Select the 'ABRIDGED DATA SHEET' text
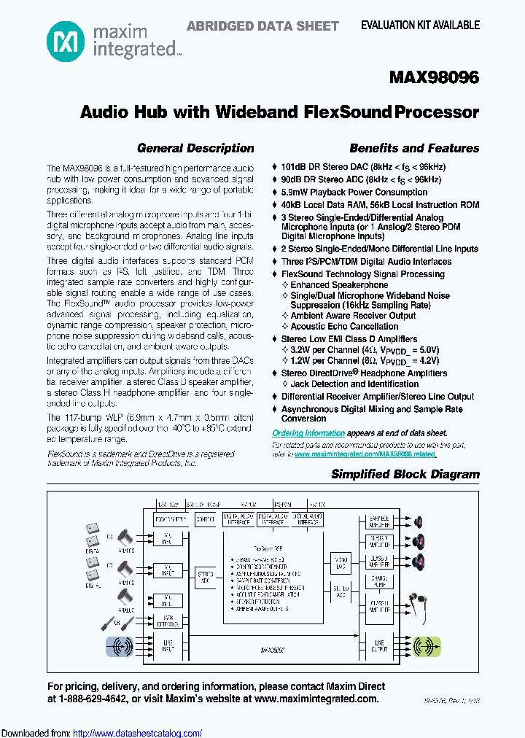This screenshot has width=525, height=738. click(262, 26)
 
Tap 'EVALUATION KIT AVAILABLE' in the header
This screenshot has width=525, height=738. click(421, 25)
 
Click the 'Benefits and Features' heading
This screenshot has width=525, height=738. click(414, 148)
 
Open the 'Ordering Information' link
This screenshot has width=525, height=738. click(298, 432)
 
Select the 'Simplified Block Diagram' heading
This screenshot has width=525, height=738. click(405, 474)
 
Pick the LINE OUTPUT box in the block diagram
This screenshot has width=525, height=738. click(378, 645)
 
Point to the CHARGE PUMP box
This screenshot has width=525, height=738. click(378, 582)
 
